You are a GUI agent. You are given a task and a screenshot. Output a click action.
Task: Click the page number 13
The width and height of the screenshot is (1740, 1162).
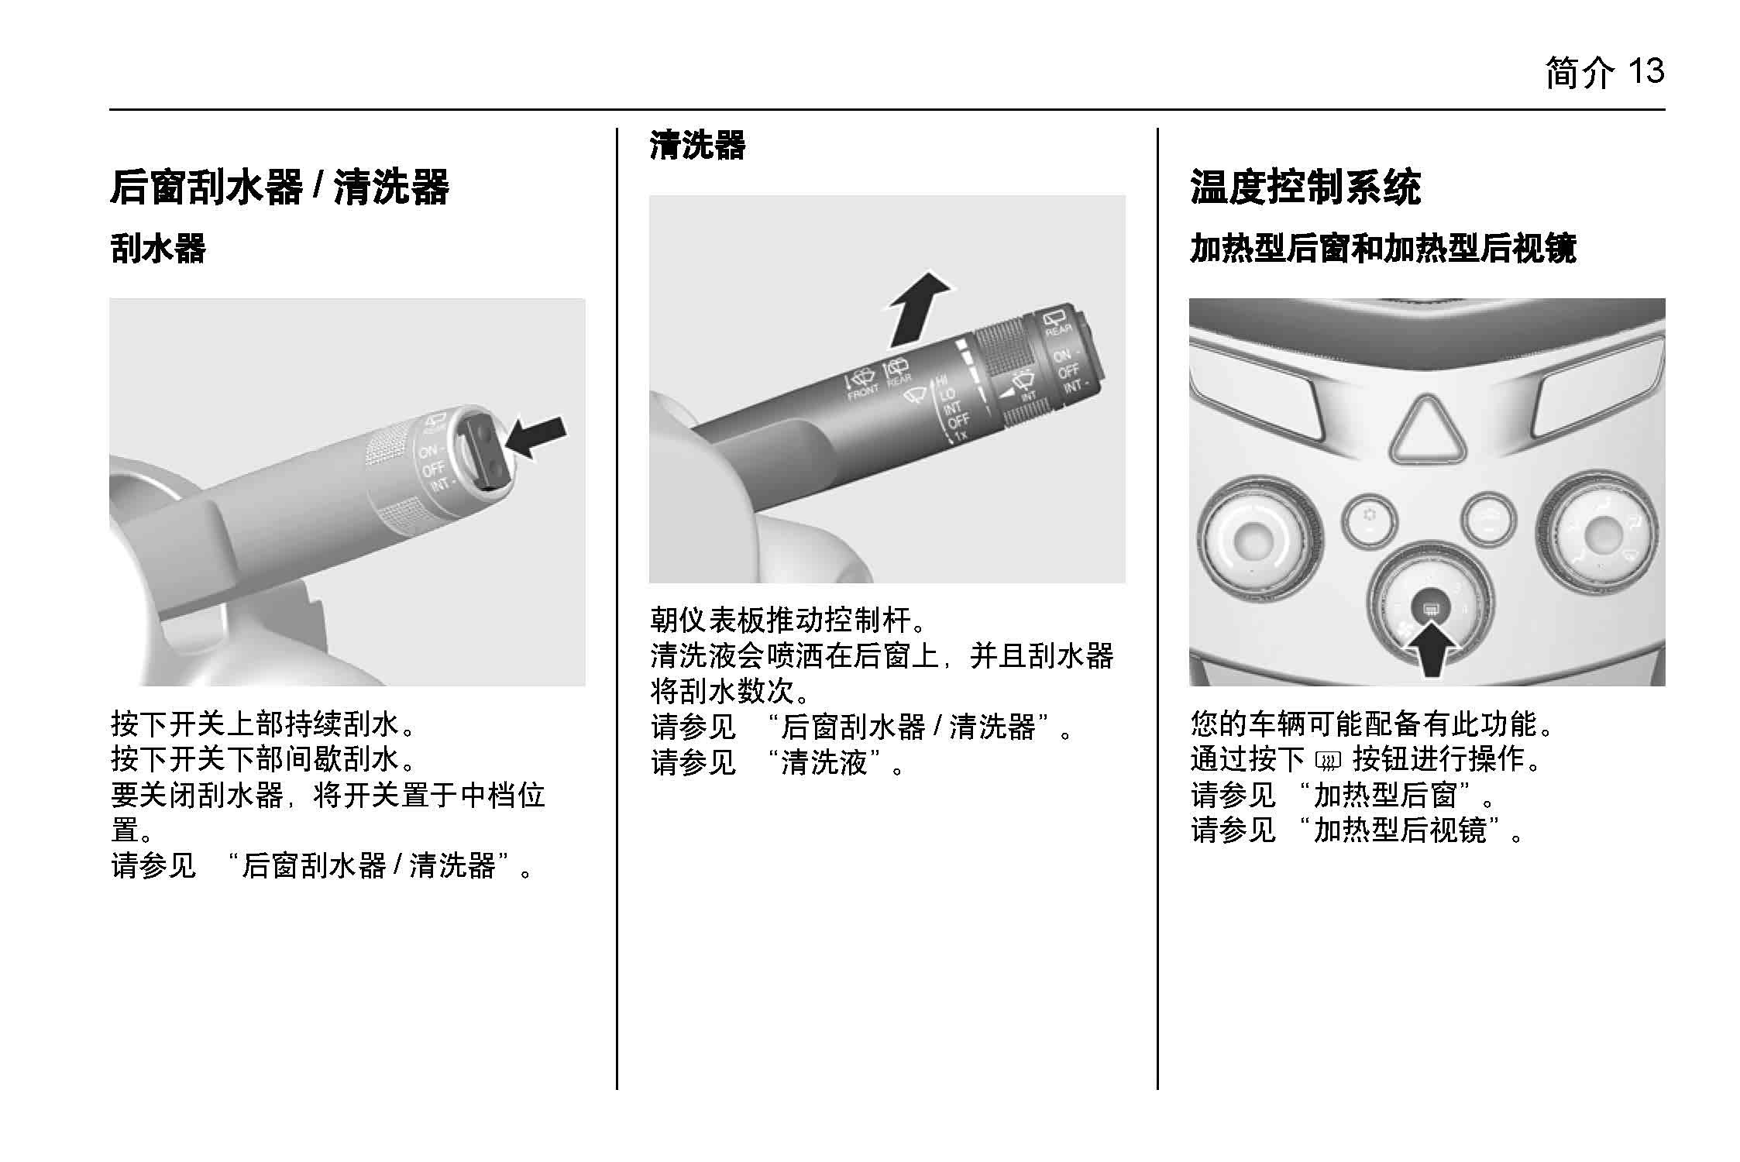1645,72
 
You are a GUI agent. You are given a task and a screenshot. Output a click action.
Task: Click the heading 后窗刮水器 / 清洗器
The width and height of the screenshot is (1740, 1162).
280,187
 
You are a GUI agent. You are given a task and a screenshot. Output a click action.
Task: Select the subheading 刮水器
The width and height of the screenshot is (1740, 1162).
158,249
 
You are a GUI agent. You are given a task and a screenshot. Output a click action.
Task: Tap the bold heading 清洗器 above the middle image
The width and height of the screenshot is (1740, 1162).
697,145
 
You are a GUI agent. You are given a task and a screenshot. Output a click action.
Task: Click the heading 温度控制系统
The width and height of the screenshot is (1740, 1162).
1305,187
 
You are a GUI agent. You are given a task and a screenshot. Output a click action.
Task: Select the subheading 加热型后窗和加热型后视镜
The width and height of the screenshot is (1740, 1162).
1383,249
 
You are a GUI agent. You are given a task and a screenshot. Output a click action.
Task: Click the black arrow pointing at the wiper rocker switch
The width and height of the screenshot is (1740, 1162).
536,438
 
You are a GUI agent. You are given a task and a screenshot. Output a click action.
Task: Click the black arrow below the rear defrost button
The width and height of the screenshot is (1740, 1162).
1430,650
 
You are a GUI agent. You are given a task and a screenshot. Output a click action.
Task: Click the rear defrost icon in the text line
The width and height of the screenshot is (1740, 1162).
1328,761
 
